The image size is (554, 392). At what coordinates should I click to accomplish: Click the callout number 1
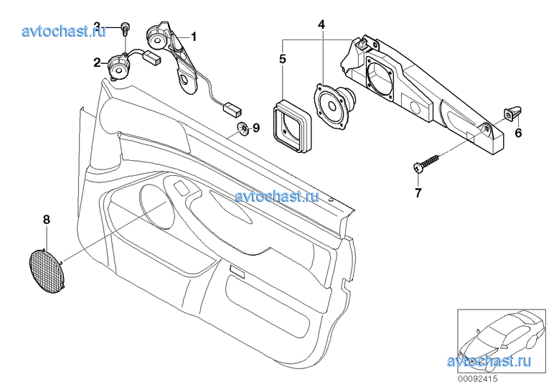click(x=193, y=35)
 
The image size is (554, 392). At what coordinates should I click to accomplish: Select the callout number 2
click(x=97, y=62)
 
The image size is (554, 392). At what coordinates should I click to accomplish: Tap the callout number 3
click(x=97, y=27)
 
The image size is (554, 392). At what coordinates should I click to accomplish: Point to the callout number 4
click(x=321, y=25)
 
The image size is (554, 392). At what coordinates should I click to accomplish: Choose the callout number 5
click(x=283, y=57)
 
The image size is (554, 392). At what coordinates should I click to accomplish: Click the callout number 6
click(x=518, y=133)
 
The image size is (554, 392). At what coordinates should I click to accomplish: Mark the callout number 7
click(x=418, y=192)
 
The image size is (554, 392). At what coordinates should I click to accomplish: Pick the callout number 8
click(x=47, y=219)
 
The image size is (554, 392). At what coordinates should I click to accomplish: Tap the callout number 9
click(x=256, y=129)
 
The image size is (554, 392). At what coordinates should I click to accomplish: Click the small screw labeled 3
click(x=125, y=29)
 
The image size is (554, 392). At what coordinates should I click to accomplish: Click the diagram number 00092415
click(x=478, y=378)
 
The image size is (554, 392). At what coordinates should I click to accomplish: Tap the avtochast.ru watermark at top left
click(x=64, y=31)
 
